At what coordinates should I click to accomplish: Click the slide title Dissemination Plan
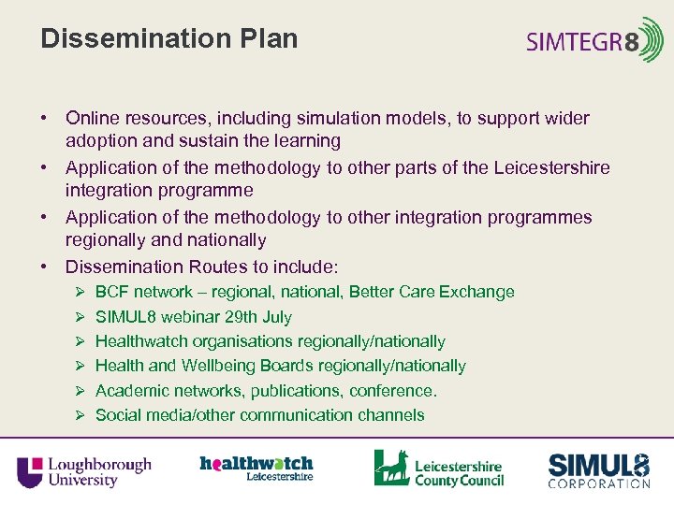pos(169,39)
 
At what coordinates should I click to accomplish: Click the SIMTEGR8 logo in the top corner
pos(594,41)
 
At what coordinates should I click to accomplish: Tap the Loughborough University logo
pos(84,470)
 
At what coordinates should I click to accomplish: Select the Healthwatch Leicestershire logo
pos(256,467)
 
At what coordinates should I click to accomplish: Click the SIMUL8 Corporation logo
pos(599,470)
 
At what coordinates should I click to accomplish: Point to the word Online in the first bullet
pos(91,119)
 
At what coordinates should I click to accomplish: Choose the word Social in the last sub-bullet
pos(118,415)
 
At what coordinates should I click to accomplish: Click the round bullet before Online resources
pos(45,119)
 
